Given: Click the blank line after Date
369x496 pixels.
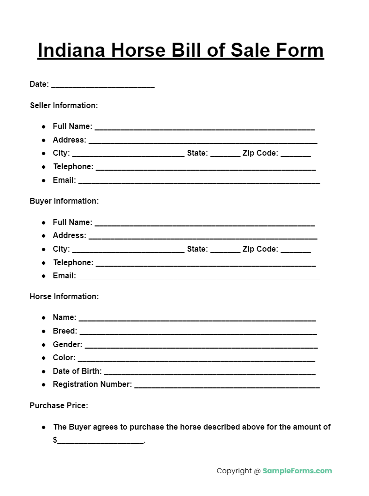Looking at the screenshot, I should click(103, 86).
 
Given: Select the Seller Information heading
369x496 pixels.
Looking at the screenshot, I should click(64, 105).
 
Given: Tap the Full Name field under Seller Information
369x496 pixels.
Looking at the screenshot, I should click(205, 128).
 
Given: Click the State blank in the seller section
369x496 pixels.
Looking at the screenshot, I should click(225, 155).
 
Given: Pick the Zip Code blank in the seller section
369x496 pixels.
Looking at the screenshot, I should click(295, 155).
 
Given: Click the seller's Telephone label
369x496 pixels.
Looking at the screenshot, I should click(73, 166).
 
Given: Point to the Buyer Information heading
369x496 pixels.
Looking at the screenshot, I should click(64, 201).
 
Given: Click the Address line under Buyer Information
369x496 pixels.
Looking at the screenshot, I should click(203, 237).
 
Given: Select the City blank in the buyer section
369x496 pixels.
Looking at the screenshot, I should click(128, 251).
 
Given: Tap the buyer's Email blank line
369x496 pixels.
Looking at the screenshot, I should click(199, 277).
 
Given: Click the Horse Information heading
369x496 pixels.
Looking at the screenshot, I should click(64, 296).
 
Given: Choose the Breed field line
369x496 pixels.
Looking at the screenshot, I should click(198, 333).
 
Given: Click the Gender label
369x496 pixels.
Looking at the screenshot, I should click(67, 344).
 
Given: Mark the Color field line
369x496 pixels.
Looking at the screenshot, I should click(196, 359).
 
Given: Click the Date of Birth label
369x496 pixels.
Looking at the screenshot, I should click(77, 371).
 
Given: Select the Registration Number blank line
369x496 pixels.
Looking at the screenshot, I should click(226, 386).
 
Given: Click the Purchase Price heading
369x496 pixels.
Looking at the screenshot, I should click(59, 405).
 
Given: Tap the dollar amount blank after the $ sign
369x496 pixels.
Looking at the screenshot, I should click(100, 442).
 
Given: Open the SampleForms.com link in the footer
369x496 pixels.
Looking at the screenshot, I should click(297, 470).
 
